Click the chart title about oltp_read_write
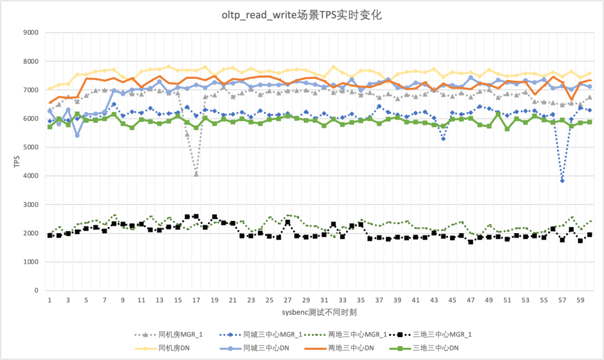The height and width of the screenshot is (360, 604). pyautogui.click(x=301, y=16)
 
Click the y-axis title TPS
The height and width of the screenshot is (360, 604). pyautogui.click(x=16, y=162)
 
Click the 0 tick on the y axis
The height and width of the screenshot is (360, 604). pyautogui.click(x=36, y=291)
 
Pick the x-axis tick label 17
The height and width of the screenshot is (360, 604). pyautogui.click(x=196, y=300)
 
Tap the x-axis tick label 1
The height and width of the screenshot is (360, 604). pyautogui.click(x=50, y=300)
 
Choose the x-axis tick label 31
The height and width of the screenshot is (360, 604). pyautogui.click(x=324, y=300)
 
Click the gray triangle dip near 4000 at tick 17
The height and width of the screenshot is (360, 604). pyautogui.click(x=196, y=174)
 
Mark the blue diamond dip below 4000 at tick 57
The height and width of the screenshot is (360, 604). pyautogui.click(x=562, y=181)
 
